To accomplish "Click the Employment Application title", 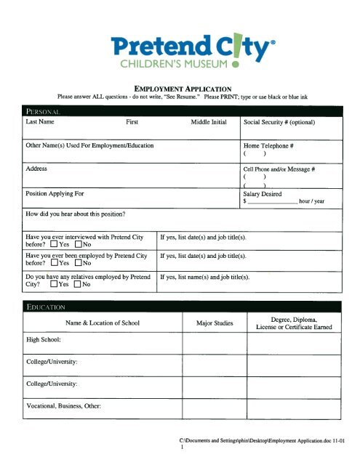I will click(180, 86).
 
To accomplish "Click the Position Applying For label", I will click(53, 194).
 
